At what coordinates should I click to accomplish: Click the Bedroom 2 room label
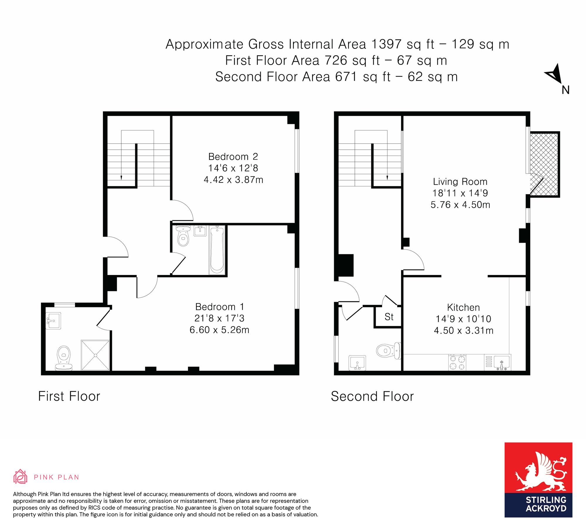pos(233,157)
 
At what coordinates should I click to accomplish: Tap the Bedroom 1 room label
pos(219,307)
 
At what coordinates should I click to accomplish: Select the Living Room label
pos(460,182)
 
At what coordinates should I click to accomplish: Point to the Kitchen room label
pos(464,307)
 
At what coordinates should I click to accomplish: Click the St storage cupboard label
pos(389,317)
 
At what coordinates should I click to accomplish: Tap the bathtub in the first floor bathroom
pos(217,250)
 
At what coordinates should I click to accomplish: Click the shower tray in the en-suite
pos(95,355)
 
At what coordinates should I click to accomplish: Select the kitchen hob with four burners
pos(457,363)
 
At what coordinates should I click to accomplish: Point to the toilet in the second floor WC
pos(389,351)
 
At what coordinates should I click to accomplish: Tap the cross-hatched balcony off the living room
pos(544,164)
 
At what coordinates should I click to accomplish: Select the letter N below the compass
pos(565,90)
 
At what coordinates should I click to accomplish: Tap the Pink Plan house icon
pos(20,477)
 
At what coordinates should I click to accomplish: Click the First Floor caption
pos(69,396)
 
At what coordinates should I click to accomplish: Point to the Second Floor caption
pos(372,396)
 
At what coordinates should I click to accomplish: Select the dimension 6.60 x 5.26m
pos(219,330)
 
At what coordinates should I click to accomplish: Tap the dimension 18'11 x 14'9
pos(460,193)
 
